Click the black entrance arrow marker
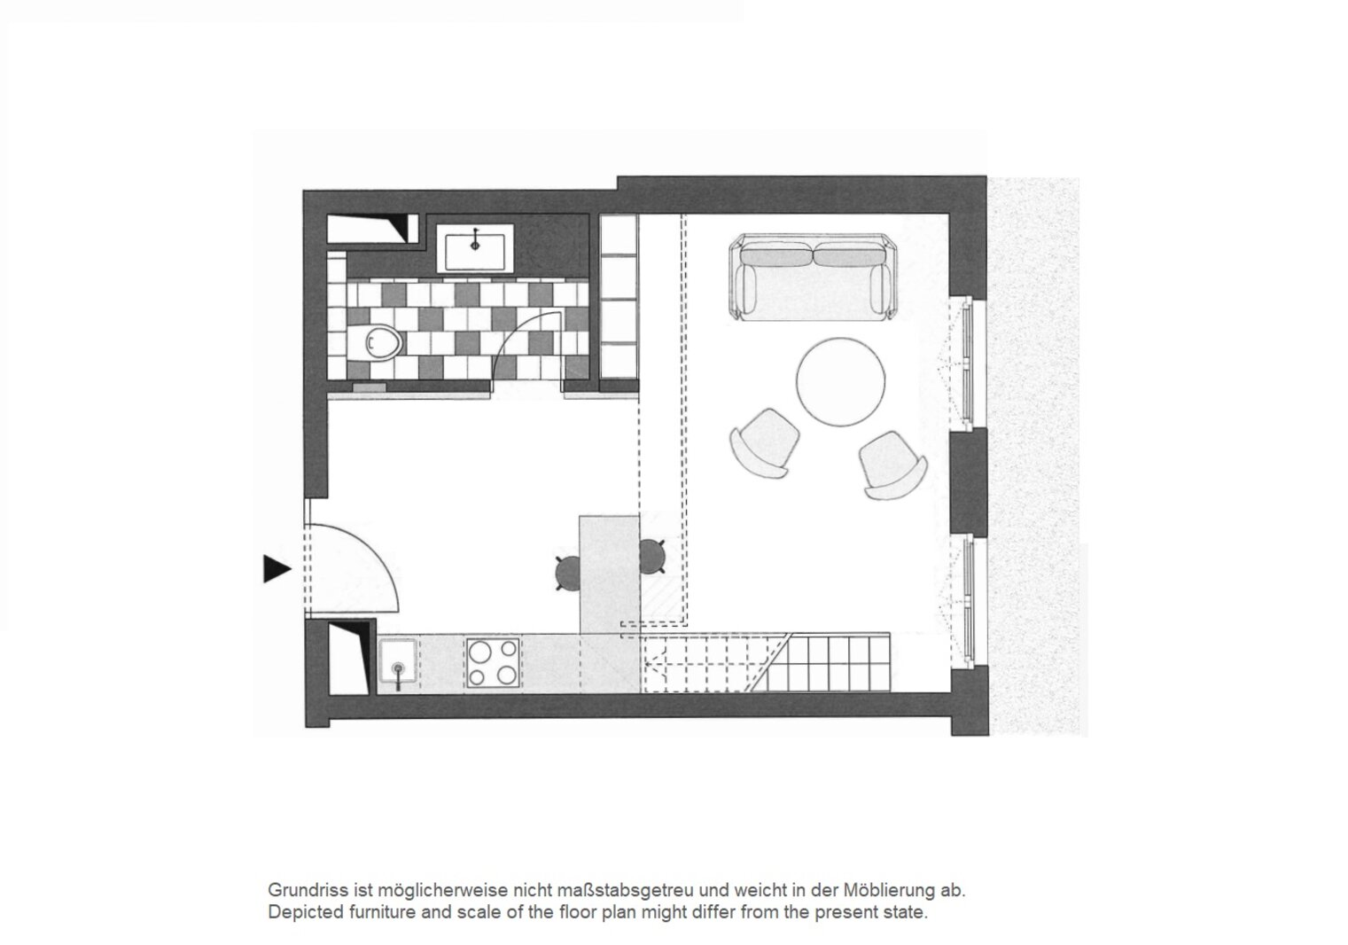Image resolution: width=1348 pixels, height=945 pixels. pos(276,569)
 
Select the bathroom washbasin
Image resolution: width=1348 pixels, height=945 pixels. pos(474,248)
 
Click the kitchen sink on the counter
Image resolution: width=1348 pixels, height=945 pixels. pos(397,661)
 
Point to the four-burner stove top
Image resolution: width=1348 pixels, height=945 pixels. pos(492,663)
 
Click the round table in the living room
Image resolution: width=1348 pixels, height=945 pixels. pos(840,381)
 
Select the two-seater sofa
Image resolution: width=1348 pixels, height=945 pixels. pos(811,277)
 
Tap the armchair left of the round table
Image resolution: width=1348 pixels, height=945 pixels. pos(764,443)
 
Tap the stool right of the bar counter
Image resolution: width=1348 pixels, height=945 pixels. pos(651,556)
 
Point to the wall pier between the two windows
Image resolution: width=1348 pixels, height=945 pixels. pos(969,481)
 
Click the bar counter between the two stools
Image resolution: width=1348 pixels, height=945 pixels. pos(609,574)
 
